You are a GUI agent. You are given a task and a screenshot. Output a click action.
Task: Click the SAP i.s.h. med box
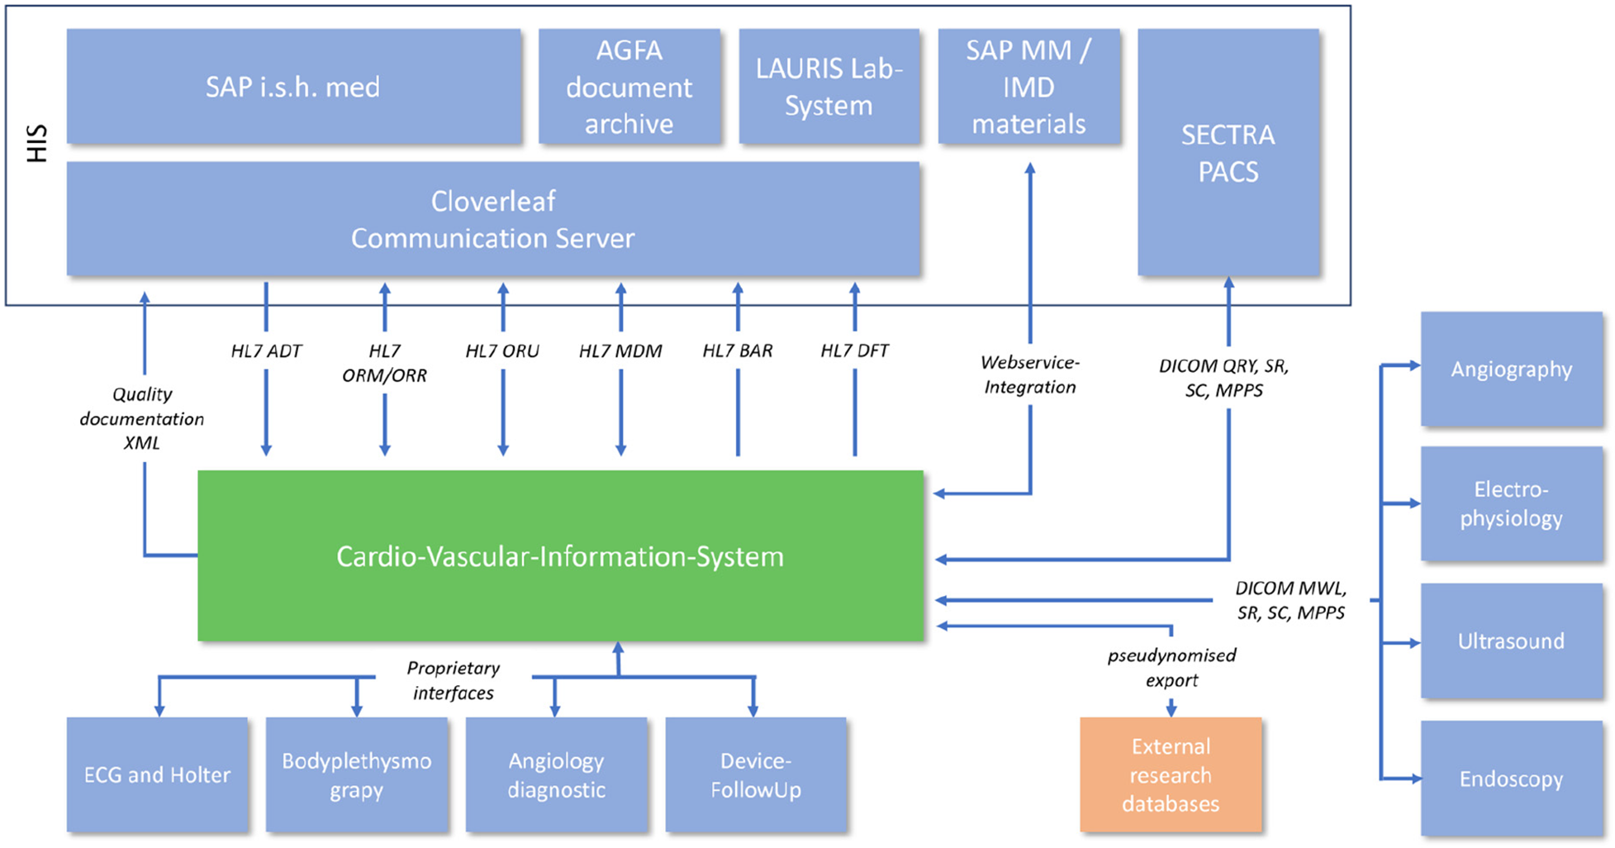point(293,87)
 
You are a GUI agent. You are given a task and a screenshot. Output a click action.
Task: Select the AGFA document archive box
point(629,87)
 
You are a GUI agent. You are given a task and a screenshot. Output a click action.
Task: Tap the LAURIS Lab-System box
point(829,87)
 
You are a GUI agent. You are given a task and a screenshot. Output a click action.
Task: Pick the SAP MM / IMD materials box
point(1028,87)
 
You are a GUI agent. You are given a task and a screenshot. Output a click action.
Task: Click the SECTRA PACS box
point(1228,153)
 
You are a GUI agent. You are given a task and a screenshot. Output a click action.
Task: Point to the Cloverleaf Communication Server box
point(492,219)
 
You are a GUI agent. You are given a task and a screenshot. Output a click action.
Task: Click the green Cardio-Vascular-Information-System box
point(560,556)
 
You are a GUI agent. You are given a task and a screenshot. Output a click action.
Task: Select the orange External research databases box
point(1170,774)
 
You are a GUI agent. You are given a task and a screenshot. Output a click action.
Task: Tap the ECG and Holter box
point(157,774)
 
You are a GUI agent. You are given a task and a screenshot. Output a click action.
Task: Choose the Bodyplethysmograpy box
point(356,774)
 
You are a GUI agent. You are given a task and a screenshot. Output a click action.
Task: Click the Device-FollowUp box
point(755,774)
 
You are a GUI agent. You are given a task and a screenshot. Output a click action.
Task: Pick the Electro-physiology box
point(1511,504)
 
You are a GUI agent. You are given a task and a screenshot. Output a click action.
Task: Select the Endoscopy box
point(1511,779)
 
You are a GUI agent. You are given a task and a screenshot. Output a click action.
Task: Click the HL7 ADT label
point(266,350)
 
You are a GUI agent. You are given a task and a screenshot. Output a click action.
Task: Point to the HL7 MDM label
point(620,350)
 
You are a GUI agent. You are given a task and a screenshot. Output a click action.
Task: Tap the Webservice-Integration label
point(1029,374)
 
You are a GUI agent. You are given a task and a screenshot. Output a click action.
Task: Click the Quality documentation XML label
point(142,418)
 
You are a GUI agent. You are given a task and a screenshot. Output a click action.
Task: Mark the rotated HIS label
point(36,144)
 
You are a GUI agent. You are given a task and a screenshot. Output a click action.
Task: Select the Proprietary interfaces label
point(454,680)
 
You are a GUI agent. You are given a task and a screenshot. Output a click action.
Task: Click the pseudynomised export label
point(1171,668)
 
